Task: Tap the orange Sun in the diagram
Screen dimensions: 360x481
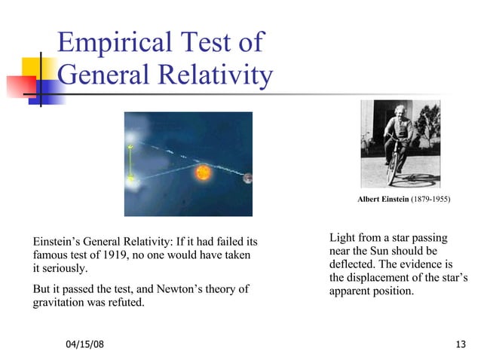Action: coord(202,172)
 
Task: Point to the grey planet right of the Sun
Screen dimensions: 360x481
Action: coord(247,178)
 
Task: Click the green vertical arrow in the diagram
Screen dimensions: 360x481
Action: coord(130,162)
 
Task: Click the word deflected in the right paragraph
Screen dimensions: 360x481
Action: coord(352,264)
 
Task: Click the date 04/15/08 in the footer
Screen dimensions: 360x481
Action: coord(84,344)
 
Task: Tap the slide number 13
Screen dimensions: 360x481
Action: coord(461,344)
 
